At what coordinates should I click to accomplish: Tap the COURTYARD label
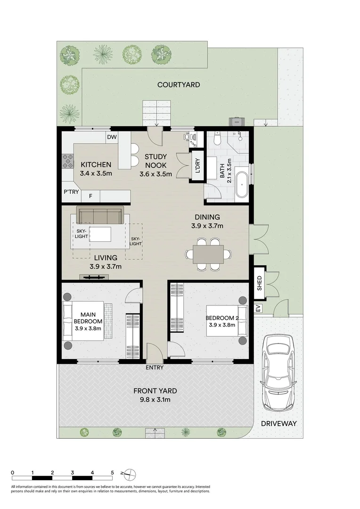tap(179, 85)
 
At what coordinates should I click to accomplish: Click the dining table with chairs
tap(208, 254)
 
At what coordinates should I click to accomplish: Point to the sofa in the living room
tap(100, 215)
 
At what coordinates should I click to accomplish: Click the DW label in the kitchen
tap(112, 137)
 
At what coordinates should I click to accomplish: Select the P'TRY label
tap(71, 192)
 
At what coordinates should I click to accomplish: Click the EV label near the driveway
tap(258, 309)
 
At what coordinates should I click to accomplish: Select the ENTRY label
tap(155, 367)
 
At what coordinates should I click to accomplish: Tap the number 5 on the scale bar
tap(112, 472)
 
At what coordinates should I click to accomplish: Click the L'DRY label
tap(197, 165)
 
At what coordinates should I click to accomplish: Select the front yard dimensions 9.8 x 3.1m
tap(155, 400)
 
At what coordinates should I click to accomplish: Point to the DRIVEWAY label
tap(279, 423)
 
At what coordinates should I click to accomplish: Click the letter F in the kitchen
tap(90, 195)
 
